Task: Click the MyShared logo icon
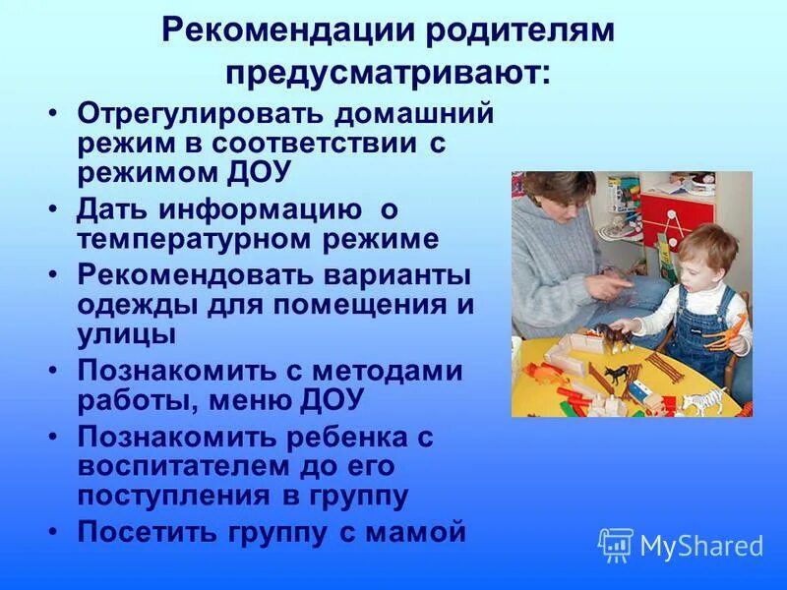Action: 616,545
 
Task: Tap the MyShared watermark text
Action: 701,546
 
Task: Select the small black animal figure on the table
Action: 617,375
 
